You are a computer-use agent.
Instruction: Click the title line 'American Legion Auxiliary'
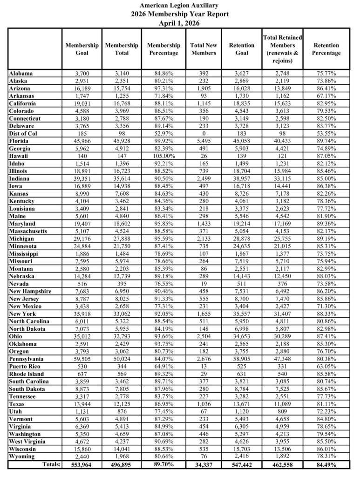click(x=180, y=5)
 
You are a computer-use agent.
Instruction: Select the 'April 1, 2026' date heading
click(x=180, y=23)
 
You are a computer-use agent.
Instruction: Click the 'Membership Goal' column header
click(x=82, y=49)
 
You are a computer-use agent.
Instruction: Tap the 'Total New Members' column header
click(x=204, y=49)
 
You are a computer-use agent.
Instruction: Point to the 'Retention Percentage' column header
click(x=326, y=49)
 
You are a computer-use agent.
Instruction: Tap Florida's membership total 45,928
click(x=122, y=140)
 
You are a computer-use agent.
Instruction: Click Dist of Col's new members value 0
click(x=204, y=133)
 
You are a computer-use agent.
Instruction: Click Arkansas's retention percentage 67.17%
click(x=326, y=95)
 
